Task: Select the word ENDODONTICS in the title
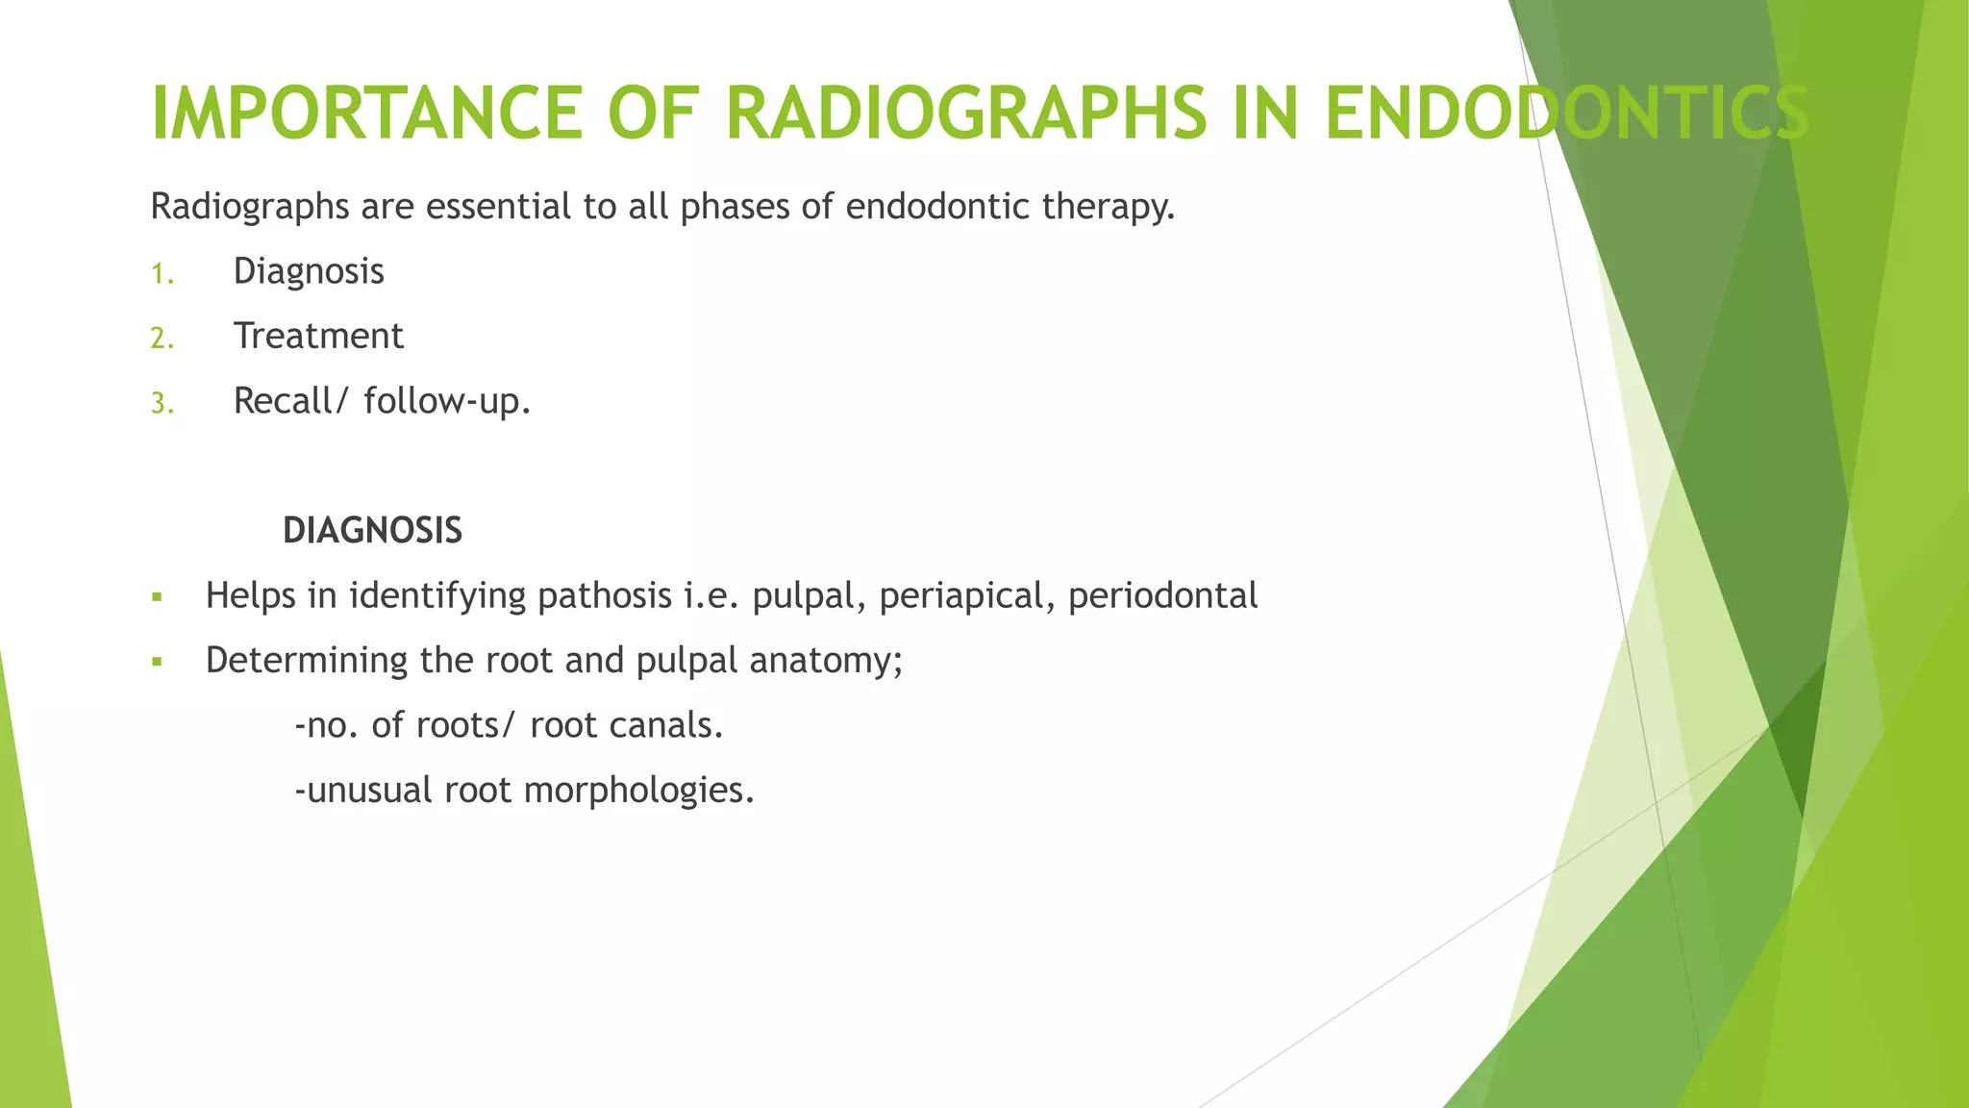[x=1567, y=113]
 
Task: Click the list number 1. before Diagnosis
[x=162, y=275]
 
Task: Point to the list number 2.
[x=162, y=340]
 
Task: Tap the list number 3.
[x=162, y=404]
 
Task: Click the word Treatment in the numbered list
[x=318, y=336]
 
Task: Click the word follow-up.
[x=447, y=401]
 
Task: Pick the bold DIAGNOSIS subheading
[x=372, y=531]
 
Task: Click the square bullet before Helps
[x=158, y=598]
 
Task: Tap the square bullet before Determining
[x=158, y=663]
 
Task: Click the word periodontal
[x=1162, y=595]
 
